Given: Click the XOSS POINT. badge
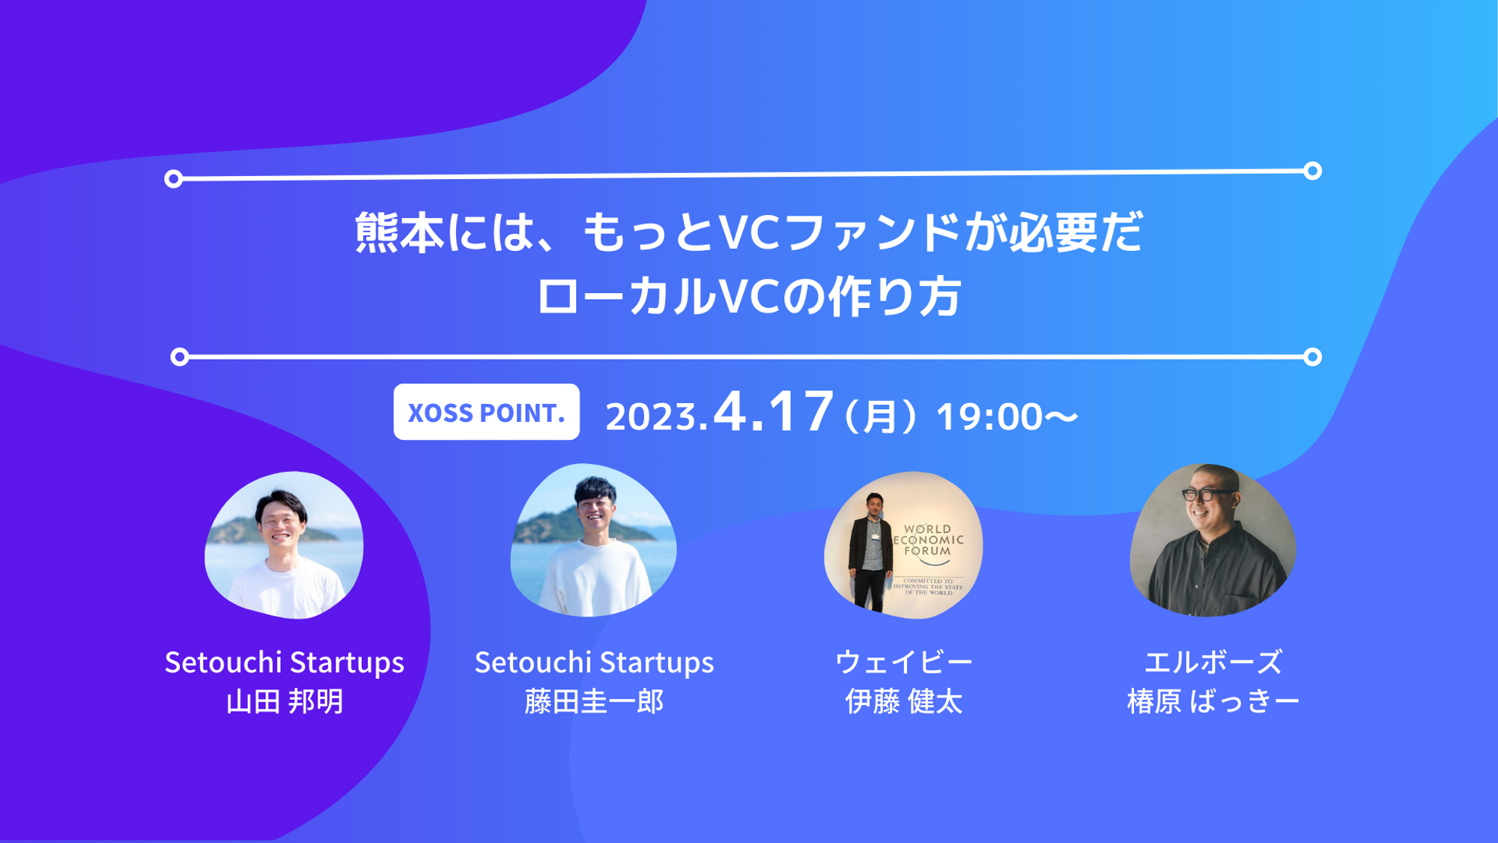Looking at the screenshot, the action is (486, 412).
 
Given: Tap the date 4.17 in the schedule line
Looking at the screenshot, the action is (773, 411).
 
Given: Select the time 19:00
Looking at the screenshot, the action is (989, 417).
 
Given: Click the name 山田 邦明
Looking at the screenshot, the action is (285, 701).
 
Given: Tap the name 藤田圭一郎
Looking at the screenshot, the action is (594, 701).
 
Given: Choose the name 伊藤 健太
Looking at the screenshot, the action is (903, 701).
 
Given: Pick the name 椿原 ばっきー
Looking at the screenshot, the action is (1213, 701).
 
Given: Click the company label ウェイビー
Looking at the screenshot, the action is (903, 662).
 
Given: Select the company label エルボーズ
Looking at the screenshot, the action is (1213, 662).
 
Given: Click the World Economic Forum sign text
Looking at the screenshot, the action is (929, 540).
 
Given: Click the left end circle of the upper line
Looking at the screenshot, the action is (174, 178).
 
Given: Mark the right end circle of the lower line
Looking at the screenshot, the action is (1312, 357).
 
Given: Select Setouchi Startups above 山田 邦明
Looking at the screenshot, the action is (285, 662).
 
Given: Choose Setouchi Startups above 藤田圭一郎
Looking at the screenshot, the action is (594, 662).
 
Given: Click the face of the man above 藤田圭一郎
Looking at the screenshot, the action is (595, 510).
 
